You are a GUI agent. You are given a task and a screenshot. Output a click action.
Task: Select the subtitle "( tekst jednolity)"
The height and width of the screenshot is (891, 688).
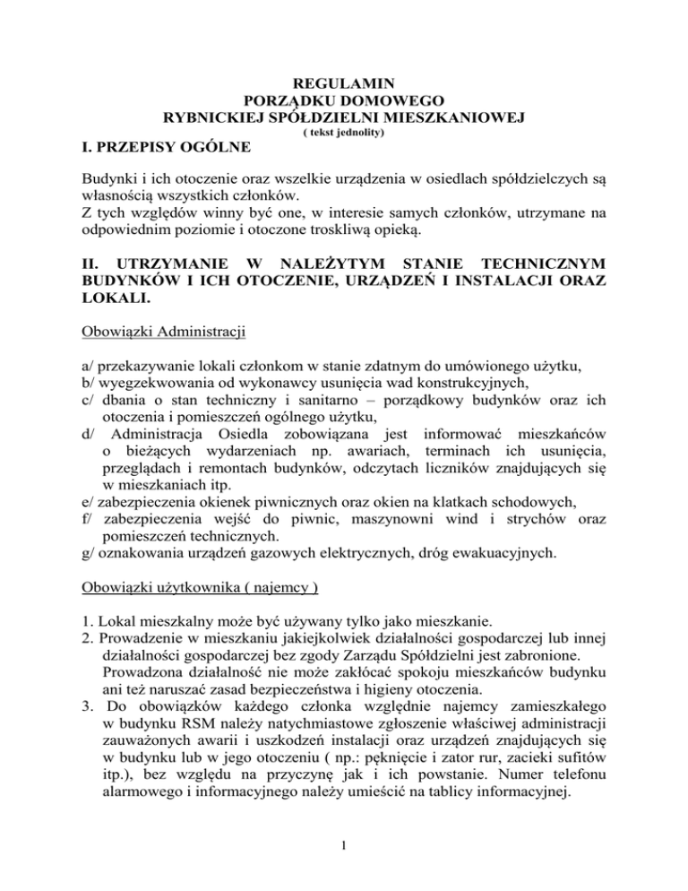[x=344, y=133]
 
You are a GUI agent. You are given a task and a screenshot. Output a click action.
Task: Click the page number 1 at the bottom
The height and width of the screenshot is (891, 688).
[x=344, y=864]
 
